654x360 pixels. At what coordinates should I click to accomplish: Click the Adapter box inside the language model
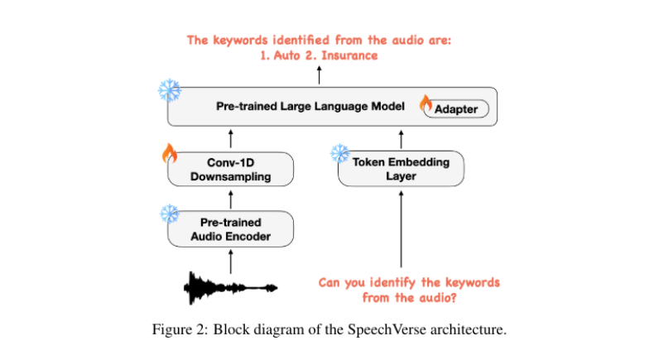[456, 109]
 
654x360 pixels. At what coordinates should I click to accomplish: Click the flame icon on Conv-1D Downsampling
[169, 153]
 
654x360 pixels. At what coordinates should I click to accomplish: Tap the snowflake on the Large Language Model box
[169, 90]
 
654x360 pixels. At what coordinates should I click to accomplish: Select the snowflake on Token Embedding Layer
[340, 153]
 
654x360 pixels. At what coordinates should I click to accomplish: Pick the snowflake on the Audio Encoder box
[170, 214]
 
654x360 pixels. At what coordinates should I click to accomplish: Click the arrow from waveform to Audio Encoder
[231, 262]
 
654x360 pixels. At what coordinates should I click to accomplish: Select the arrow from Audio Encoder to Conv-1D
[231, 199]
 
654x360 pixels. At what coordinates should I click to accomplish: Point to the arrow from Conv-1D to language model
[231, 138]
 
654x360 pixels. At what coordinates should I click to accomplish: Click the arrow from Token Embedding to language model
[402, 138]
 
